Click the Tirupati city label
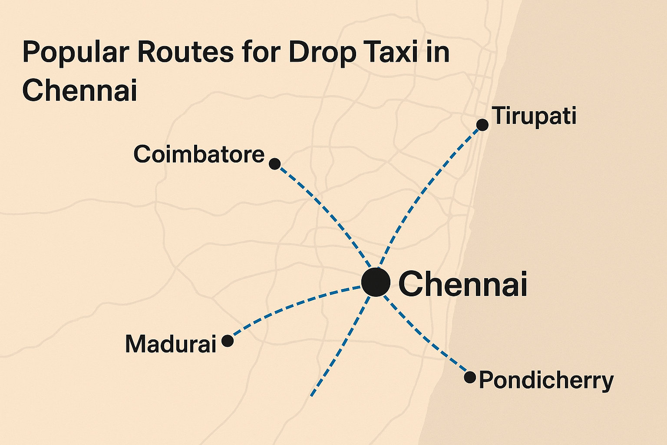(535, 116)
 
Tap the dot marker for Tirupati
(482, 125)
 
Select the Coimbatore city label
(199, 154)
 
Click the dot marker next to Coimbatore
(274, 164)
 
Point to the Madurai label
(171, 344)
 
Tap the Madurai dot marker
(228, 341)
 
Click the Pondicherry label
(546, 381)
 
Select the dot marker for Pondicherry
(470, 377)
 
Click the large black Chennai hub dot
(376, 282)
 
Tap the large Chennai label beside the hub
(462, 284)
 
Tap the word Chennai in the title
(79, 90)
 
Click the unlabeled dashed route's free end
(312, 395)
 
